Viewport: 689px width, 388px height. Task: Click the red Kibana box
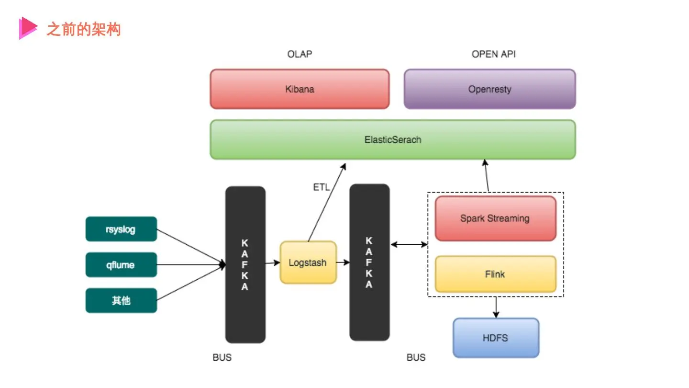coord(300,89)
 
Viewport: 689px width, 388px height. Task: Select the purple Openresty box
coord(489,89)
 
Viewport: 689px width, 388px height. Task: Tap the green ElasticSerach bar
coord(392,140)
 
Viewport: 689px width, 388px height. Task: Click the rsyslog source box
coord(121,229)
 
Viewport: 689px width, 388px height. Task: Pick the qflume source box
coord(121,265)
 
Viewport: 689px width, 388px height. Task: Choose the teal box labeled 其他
coord(121,301)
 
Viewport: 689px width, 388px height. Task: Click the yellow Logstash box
coord(308,262)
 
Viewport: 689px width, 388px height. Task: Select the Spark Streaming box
coord(495,218)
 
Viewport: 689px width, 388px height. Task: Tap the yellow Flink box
coord(495,274)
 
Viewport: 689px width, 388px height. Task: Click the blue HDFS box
coord(496,338)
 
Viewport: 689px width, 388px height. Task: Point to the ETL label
coord(321,187)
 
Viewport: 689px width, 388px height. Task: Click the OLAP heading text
coord(300,54)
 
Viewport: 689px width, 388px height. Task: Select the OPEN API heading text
coord(494,54)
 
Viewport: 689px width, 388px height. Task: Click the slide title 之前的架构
coord(84,30)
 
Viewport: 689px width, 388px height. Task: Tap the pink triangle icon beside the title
coord(27,28)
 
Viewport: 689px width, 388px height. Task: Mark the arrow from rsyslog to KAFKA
coord(191,247)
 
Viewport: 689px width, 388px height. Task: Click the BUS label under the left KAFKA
coord(222,357)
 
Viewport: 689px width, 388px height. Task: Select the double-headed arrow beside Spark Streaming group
coord(409,244)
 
